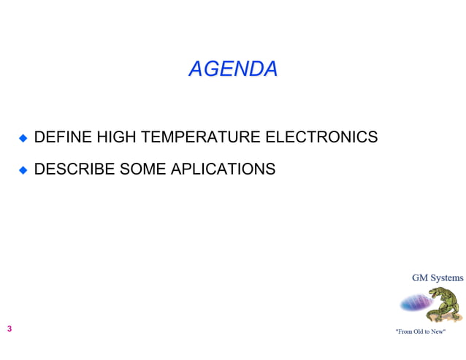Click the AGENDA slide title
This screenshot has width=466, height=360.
pyautogui.click(x=233, y=69)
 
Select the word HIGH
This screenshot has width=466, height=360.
pyautogui.click(x=116, y=137)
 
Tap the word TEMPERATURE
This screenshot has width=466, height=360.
pyautogui.click(x=200, y=137)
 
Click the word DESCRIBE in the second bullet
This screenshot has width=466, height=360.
pyautogui.click(x=74, y=169)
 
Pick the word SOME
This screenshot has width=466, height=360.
pyautogui.click(x=143, y=169)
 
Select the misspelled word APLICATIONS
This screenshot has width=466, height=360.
pyautogui.click(x=223, y=169)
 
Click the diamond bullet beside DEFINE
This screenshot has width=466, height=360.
pyautogui.click(x=23, y=137)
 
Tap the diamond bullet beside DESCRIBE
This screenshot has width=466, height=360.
pyautogui.click(x=23, y=170)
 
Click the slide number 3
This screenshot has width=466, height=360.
pyautogui.click(x=9, y=329)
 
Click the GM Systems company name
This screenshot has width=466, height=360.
pyautogui.click(x=437, y=277)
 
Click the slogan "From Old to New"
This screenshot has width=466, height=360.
pyautogui.click(x=420, y=332)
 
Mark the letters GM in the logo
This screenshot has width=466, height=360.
pyautogui.click(x=419, y=277)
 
